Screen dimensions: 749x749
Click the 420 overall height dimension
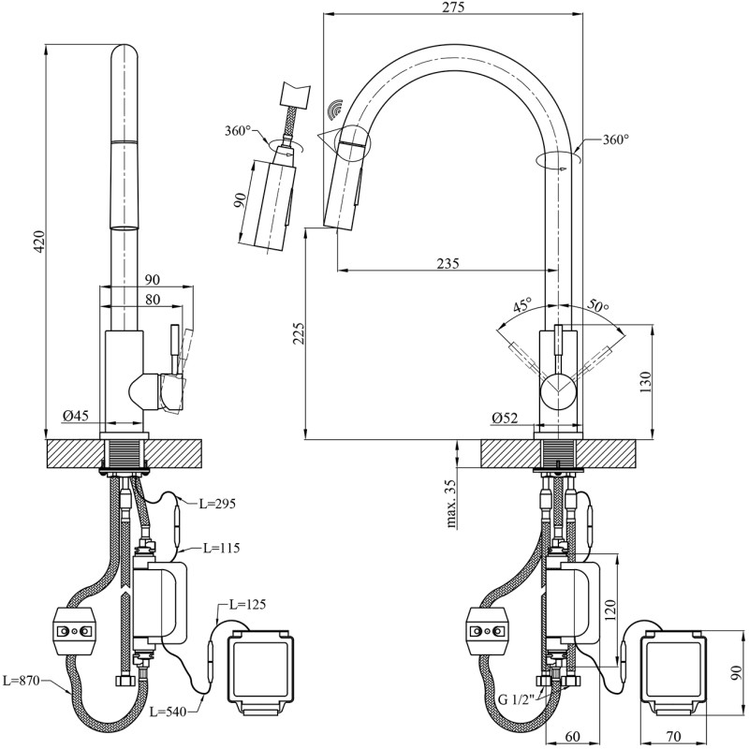[x=39, y=242]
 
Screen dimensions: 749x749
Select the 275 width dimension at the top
[x=453, y=7]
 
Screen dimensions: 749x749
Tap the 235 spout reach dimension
[x=448, y=263]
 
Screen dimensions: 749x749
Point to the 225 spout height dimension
[x=299, y=333]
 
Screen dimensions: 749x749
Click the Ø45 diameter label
[x=76, y=416]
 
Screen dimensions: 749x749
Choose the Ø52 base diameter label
[x=505, y=418]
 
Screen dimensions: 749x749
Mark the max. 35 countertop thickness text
[x=451, y=503]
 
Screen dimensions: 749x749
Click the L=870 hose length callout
[x=20, y=681]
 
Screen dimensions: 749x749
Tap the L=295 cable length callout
[x=217, y=504]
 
